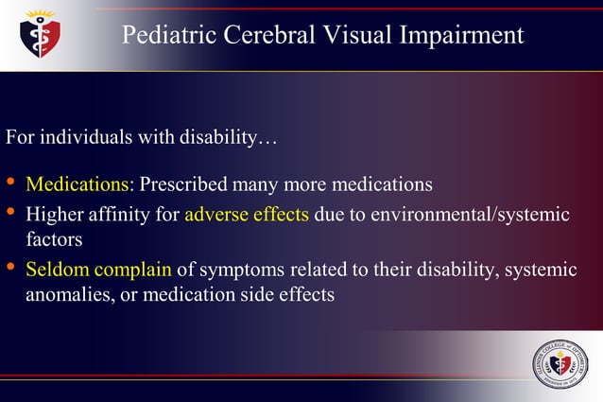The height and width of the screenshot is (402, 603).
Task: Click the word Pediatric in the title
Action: click(x=167, y=36)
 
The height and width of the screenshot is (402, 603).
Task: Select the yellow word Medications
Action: click(x=80, y=183)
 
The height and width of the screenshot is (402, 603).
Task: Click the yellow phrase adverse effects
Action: click(x=247, y=214)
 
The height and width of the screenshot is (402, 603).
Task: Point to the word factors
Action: click(x=56, y=238)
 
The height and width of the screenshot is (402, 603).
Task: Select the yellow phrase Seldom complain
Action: click(x=98, y=271)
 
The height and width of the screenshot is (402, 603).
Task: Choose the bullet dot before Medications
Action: click(x=10, y=181)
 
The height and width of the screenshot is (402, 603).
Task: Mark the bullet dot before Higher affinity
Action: click(x=10, y=212)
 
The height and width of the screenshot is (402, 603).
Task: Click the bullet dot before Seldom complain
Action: click(x=10, y=269)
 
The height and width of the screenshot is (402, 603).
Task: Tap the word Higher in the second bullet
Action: click(x=53, y=214)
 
